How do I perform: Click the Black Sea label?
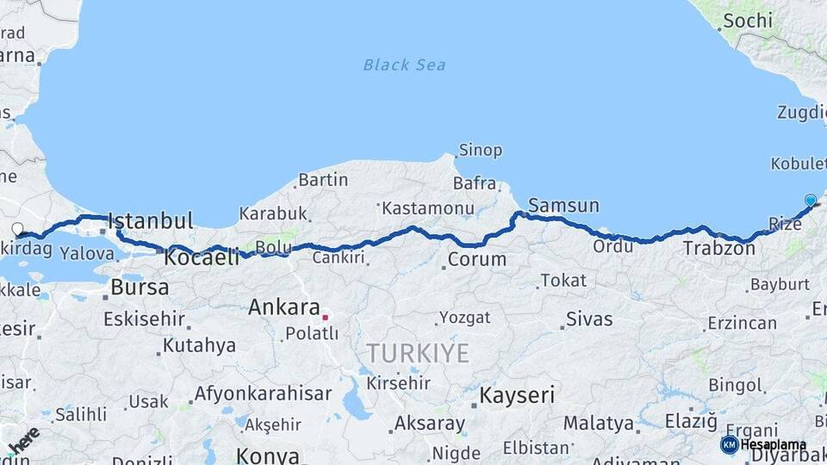tap(404, 65)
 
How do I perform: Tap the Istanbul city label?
tap(150, 220)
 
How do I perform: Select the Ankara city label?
tap(283, 307)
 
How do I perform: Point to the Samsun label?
tap(563, 205)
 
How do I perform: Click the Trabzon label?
tap(719, 249)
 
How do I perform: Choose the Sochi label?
tap(748, 20)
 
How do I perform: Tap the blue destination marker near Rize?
tap(811, 201)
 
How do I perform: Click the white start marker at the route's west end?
tap(17, 228)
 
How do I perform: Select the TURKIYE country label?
tap(418, 353)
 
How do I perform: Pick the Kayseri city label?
tap(517, 396)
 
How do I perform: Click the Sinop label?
tap(480, 151)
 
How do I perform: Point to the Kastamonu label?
tap(428, 208)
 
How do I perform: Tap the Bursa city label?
tap(140, 288)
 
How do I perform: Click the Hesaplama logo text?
tap(773, 444)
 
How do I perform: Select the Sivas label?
tap(589, 319)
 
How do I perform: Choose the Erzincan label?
tap(742, 324)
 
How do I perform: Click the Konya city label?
tap(267, 456)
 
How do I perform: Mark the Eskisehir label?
tap(144, 319)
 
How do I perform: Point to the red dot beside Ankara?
tap(326, 316)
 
